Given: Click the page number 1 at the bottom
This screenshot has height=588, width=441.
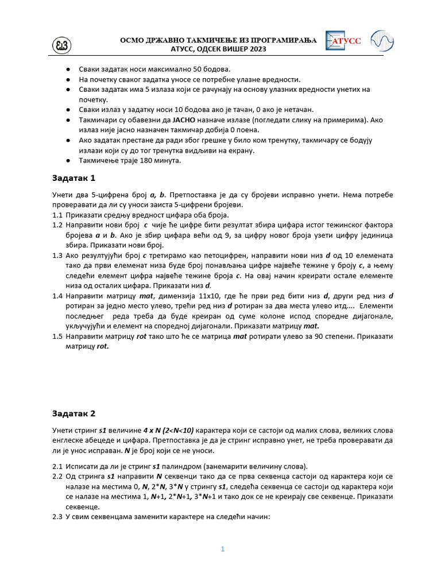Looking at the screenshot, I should [x=223, y=549].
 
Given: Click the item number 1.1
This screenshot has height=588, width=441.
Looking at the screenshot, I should [x=56, y=215].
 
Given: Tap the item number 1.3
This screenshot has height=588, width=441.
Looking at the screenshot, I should [x=56, y=255].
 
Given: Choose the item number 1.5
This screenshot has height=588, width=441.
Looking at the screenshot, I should [x=56, y=336].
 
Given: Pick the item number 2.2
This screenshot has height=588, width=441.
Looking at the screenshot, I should [x=56, y=477].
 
